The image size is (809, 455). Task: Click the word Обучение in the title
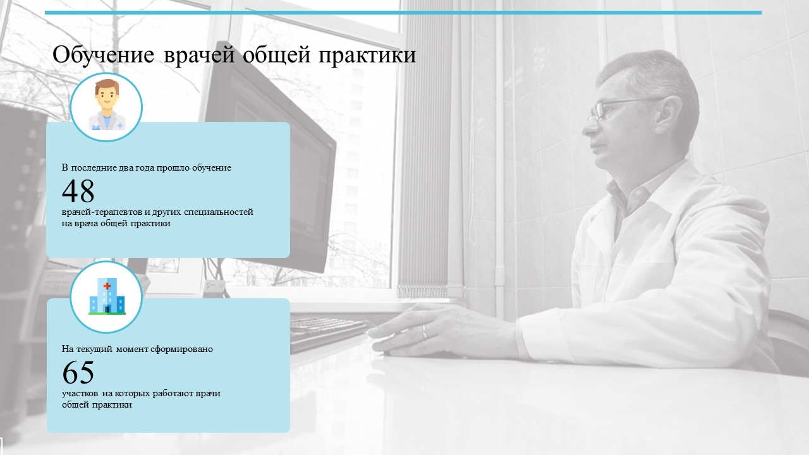103,55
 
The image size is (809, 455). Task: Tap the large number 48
78,190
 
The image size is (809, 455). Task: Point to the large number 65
78,372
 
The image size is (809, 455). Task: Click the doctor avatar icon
106,105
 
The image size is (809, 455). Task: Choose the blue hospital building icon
107,296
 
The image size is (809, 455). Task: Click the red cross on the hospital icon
107,286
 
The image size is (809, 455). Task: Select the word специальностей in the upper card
219,212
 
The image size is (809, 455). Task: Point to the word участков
80,394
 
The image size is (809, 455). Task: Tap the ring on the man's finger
425,331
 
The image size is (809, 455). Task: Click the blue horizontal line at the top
403,13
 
